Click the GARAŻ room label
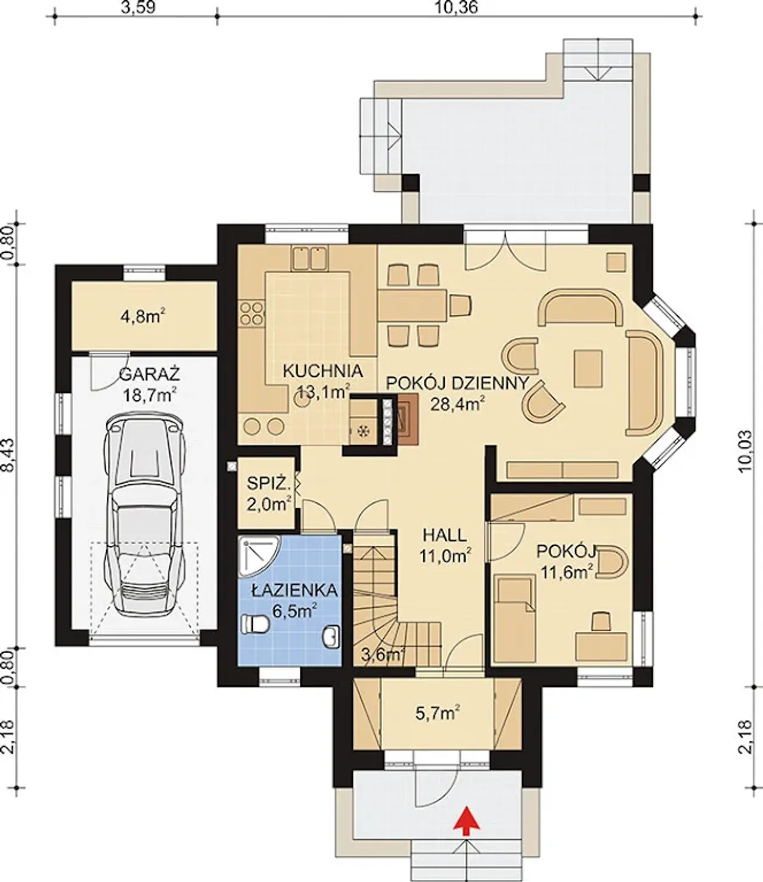tap(150, 375)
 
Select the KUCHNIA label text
tap(323, 371)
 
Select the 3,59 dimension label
tap(138, 7)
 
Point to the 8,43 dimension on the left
tap(8, 456)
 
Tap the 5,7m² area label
tap(438, 713)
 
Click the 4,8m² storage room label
tap(143, 316)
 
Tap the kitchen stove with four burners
tap(252, 313)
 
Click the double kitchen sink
tap(310, 258)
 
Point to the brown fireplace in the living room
tap(408, 420)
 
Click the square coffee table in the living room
tap(588, 369)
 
